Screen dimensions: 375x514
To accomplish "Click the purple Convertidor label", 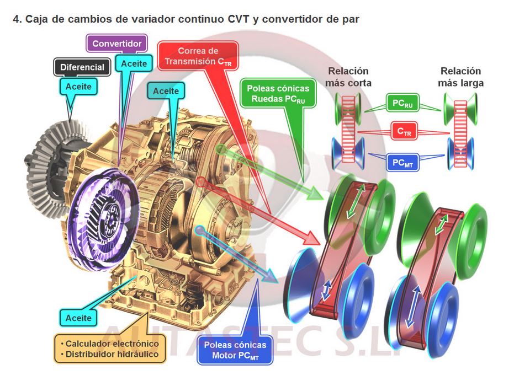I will (x=117, y=44).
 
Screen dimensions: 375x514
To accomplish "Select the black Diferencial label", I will (x=82, y=67).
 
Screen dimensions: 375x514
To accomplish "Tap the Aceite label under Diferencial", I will (x=78, y=87).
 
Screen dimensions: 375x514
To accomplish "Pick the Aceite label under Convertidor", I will (x=134, y=63).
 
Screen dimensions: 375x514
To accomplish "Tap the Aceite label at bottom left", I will (x=78, y=318).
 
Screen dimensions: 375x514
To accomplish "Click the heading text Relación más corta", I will (x=348, y=77).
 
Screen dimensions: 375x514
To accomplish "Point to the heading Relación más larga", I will (x=460, y=77).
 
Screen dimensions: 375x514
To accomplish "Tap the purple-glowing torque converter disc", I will (x=102, y=207).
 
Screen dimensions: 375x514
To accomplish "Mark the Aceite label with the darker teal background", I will (x=166, y=91).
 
